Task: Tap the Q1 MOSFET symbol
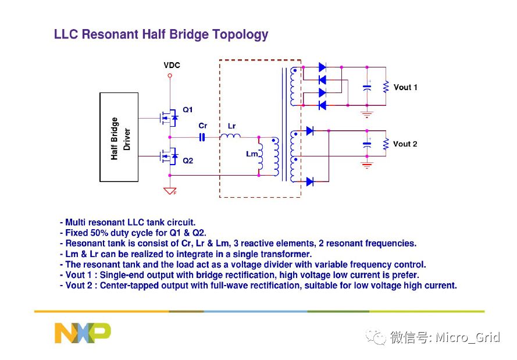point(169,117)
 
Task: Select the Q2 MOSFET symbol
point(169,156)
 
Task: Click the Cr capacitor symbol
point(202,137)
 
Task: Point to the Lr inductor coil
point(230,136)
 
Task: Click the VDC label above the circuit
point(172,65)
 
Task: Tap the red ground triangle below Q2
point(170,191)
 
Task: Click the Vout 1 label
point(405,87)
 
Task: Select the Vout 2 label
point(405,144)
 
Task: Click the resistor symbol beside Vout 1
point(386,87)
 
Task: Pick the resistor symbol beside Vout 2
point(386,144)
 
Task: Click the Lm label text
point(252,154)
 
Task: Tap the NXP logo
point(83,333)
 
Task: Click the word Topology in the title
point(240,35)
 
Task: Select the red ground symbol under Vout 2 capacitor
point(366,165)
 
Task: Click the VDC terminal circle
point(170,76)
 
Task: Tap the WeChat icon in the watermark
point(376,337)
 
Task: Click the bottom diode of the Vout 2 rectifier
point(309,181)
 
